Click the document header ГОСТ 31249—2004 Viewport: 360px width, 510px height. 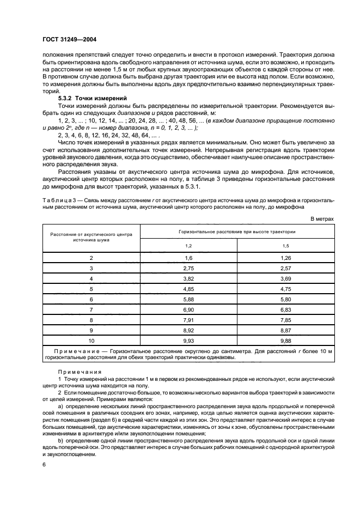click(x=69, y=40)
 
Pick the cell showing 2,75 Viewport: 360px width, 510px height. click(x=189, y=268)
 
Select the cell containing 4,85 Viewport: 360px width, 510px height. click(x=189, y=289)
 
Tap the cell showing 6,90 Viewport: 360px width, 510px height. click(x=189, y=310)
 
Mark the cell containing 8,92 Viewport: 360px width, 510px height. click(x=189, y=331)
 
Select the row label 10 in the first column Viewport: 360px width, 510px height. click(x=91, y=341)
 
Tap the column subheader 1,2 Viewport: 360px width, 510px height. click(x=189, y=246)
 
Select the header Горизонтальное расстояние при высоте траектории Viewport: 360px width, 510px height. click(x=237, y=232)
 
